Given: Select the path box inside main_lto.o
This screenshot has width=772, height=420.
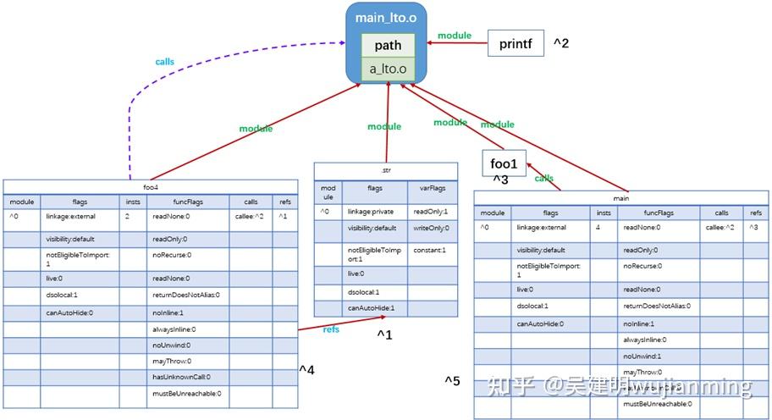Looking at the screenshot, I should click(x=388, y=46).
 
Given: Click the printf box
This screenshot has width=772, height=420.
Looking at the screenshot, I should click(x=516, y=43).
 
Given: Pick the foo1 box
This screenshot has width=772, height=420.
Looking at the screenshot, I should click(x=504, y=163).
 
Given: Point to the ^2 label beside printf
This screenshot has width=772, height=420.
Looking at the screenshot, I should click(x=562, y=43).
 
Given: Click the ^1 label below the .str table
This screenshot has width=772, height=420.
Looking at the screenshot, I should click(x=385, y=335).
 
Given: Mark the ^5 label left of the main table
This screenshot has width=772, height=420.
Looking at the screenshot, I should click(x=453, y=381).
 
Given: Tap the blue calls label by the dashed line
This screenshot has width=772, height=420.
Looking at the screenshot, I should click(x=166, y=63).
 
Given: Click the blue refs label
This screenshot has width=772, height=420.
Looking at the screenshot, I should click(x=332, y=329).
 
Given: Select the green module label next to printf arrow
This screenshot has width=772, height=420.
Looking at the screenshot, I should click(x=455, y=36).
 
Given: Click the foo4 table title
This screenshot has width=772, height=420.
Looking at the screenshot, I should click(x=150, y=186).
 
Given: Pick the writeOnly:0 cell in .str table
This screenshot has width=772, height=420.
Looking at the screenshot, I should click(x=432, y=229).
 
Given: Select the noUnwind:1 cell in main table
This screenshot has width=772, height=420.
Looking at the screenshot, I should click(x=642, y=356).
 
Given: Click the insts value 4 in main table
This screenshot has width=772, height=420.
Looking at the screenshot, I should click(x=598, y=228).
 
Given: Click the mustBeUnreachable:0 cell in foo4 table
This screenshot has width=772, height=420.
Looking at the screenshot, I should click(x=187, y=393).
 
